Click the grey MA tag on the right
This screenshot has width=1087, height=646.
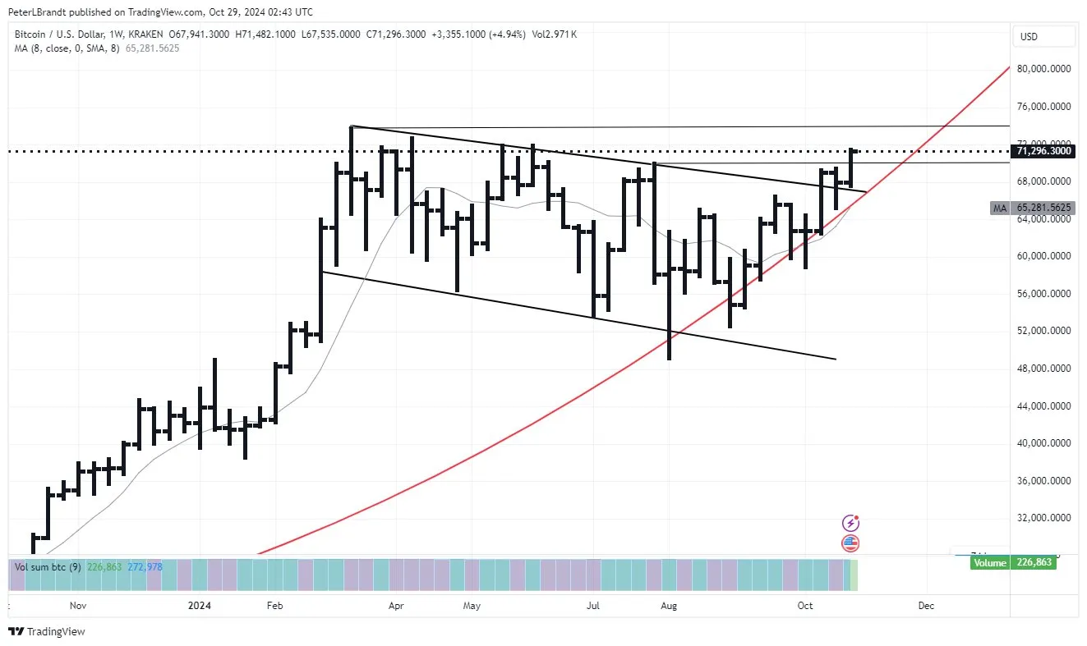[999, 208]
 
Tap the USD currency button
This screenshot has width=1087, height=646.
[1029, 37]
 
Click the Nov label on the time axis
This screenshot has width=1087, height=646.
[78, 606]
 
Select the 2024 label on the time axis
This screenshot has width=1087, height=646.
[200, 606]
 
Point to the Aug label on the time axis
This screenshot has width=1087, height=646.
[669, 606]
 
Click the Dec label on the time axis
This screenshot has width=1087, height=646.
[926, 606]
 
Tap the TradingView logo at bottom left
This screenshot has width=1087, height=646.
[46, 631]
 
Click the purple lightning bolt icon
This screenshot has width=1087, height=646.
[851, 523]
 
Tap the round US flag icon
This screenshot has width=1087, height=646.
[851, 543]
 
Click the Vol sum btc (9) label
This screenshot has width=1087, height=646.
[46, 566]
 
